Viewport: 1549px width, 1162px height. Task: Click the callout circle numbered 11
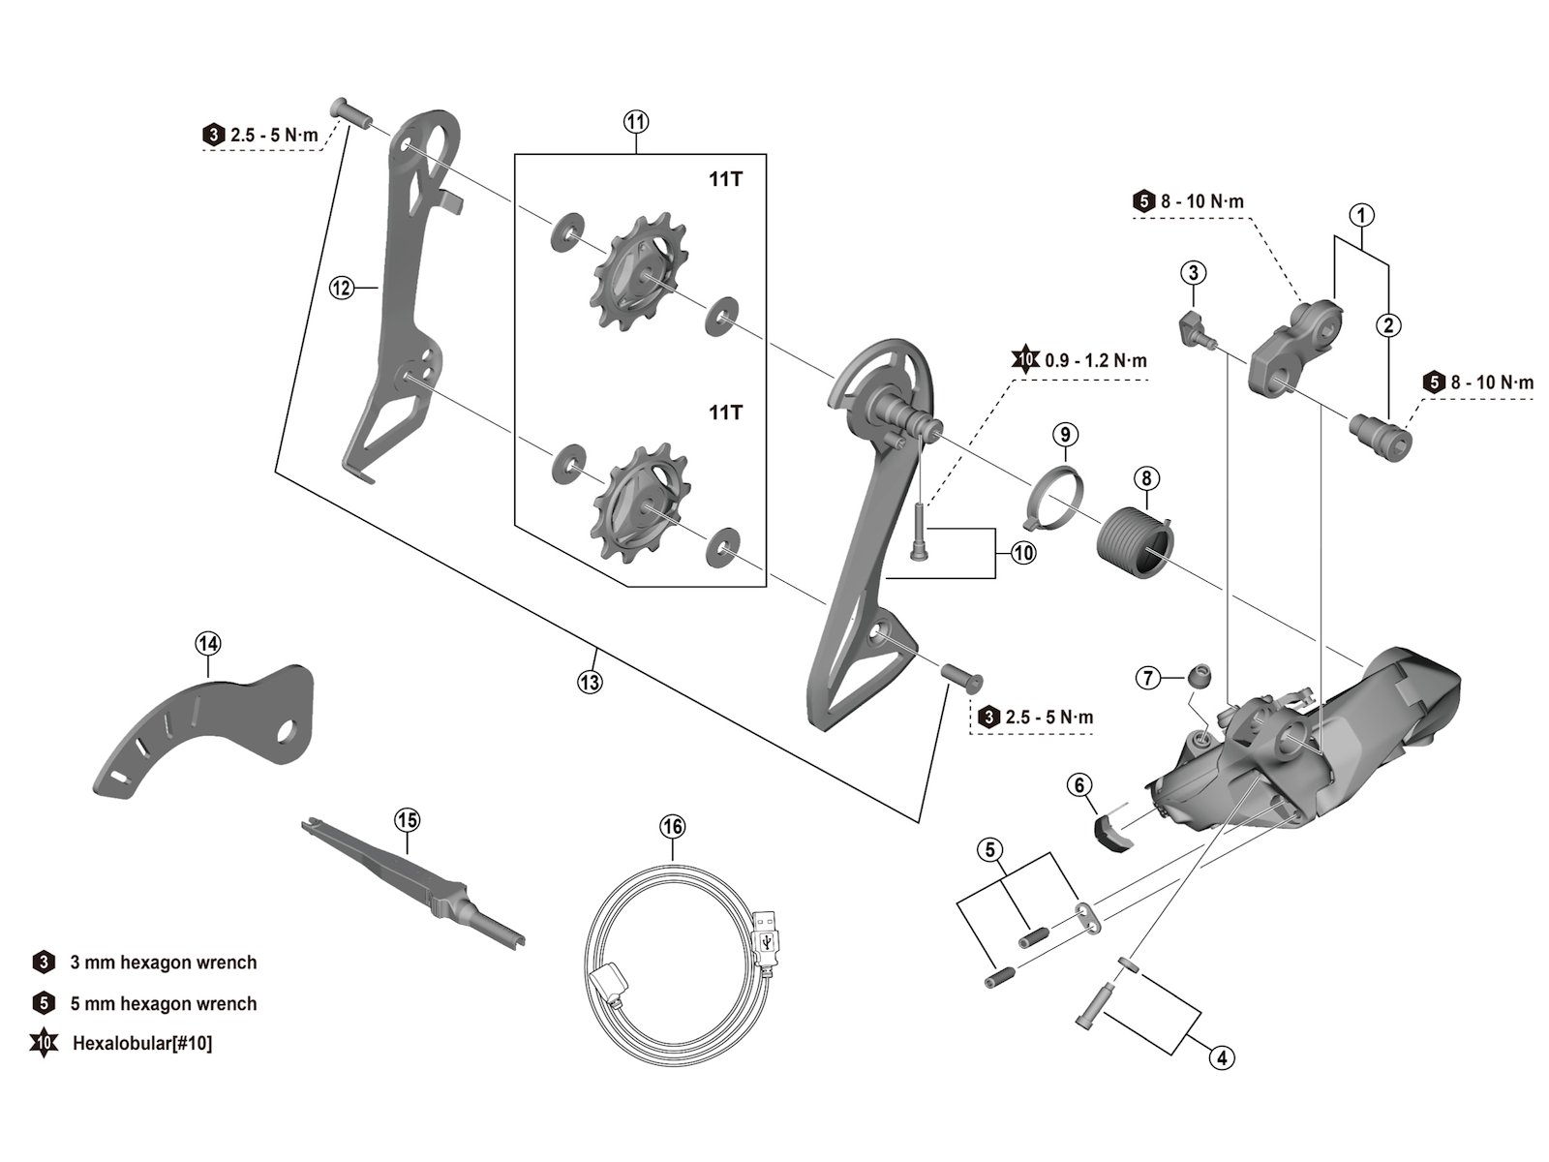(635, 122)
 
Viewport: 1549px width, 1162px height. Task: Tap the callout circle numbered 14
(208, 642)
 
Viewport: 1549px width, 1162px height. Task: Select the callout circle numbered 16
(672, 826)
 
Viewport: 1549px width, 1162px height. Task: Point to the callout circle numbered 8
(1146, 477)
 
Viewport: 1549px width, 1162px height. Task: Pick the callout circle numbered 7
(1148, 677)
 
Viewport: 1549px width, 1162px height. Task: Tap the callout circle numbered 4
(1221, 1058)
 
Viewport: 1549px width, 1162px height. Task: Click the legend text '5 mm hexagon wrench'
(164, 1003)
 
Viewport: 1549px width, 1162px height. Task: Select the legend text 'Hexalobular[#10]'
(142, 1044)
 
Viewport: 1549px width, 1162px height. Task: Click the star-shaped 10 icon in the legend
(44, 1044)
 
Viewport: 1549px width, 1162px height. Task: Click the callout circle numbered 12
(341, 287)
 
